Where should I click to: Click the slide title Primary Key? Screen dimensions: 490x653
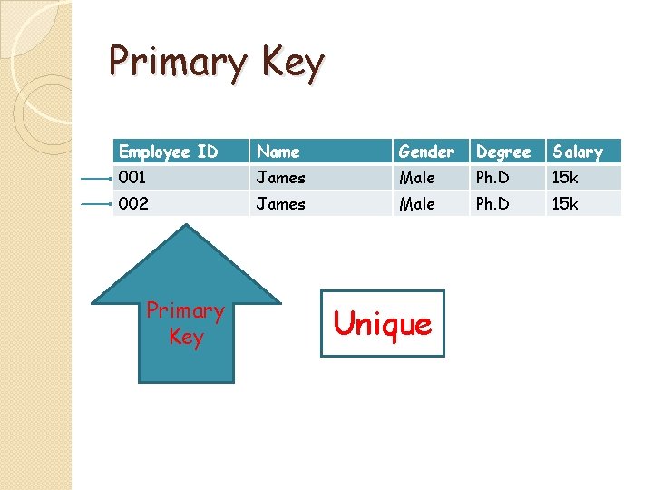pyautogui.click(x=216, y=64)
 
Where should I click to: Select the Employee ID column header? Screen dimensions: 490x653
pyautogui.click(x=169, y=152)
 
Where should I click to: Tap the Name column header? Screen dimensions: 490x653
pyautogui.click(x=278, y=152)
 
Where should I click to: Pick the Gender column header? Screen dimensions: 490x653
pyautogui.click(x=426, y=152)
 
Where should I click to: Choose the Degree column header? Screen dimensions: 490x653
pyautogui.click(x=503, y=152)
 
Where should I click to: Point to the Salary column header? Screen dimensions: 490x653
pyautogui.click(x=578, y=152)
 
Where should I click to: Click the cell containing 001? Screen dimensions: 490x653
pyautogui.click(x=132, y=178)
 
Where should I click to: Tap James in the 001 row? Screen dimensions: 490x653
pyautogui.click(x=280, y=178)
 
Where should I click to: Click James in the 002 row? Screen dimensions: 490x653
pyautogui.click(x=280, y=204)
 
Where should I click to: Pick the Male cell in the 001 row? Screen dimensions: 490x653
pyautogui.click(x=417, y=178)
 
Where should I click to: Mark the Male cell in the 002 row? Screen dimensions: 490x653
pyautogui.click(x=417, y=204)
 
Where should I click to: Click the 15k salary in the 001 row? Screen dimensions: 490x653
pyautogui.click(x=565, y=178)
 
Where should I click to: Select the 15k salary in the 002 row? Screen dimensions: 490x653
pyautogui.click(x=565, y=204)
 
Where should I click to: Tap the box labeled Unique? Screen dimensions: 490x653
pyautogui.click(x=383, y=323)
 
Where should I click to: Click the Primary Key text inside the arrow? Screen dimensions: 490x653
pyautogui.click(x=186, y=324)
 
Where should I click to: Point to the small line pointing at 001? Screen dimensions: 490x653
pyautogui.click(x=95, y=179)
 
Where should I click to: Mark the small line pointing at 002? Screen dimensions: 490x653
pyautogui.click(x=95, y=205)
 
